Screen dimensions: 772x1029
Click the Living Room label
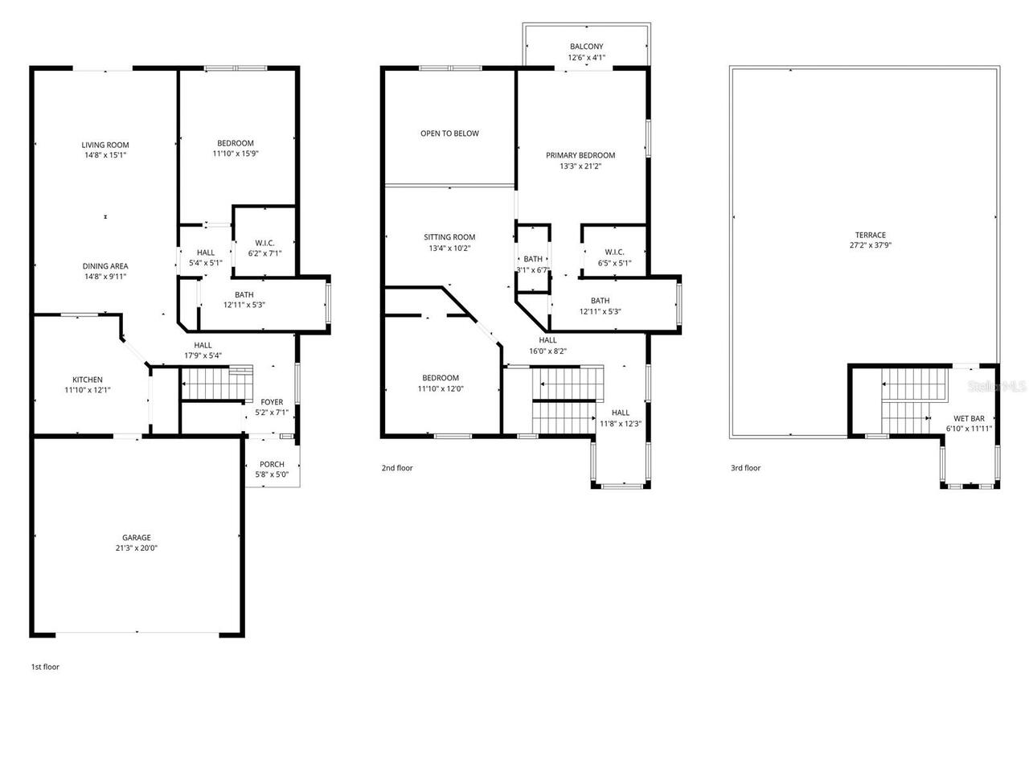pos(105,145)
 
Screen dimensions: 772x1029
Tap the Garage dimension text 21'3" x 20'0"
pos(136,548)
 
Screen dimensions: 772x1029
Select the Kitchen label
pos(88,380)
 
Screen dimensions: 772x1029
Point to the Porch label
pos(272,464)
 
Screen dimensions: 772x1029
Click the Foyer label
pos(272,402)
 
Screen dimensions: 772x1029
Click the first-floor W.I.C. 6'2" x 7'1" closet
pos(264,247)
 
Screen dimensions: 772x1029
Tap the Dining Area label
pos(105,266)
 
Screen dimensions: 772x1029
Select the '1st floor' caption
pos(45,667)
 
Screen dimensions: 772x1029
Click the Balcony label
pos(586,47)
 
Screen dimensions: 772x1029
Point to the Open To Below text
pos(449,133)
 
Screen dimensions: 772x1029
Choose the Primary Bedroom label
pos(580,155)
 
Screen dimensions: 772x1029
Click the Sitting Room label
pos(449,237)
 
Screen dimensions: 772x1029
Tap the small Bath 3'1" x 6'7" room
pos(533,264)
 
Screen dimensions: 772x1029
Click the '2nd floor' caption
pos(397,467)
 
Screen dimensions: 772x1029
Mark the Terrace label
pos(870,235)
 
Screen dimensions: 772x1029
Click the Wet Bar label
pos(969,418)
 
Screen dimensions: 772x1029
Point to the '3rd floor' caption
pos(745,468)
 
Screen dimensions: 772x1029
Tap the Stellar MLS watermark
pos(997,386)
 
